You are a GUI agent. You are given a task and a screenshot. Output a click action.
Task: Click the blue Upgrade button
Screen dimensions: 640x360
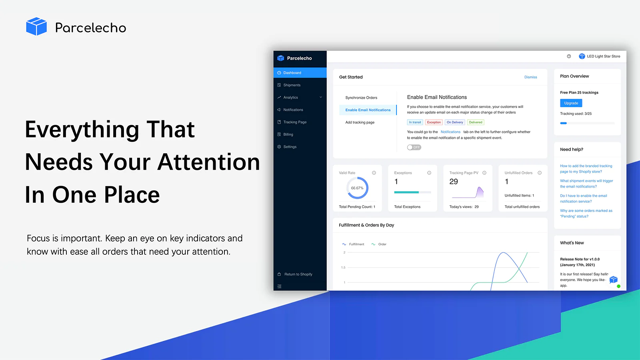pyautogui.click(x=571, y=103)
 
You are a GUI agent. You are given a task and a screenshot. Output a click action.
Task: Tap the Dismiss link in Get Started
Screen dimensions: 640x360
pyautogui.click(x=530, y=77)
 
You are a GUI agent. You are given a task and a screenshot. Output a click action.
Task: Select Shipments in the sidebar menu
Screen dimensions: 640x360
pyautogui.click(x=292, y=85)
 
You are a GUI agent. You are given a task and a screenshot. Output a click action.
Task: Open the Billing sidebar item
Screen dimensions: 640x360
pyautogui.click(x=288, y=134)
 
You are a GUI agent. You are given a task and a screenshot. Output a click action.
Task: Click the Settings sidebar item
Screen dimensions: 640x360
pyautogui.click(x=290, y=146)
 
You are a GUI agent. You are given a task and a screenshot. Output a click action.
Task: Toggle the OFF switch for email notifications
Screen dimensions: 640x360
pyautogui.click(x=414, y=147)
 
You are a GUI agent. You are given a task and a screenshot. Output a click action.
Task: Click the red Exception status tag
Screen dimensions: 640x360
pyautogui.click(x=434, y=122)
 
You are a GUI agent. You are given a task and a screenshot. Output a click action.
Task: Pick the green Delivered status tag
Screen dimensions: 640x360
pyautogui.click(x=476, y=122)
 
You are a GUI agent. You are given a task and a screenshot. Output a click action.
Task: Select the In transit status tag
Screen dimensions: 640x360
pyautogui.click(x=415, y=122)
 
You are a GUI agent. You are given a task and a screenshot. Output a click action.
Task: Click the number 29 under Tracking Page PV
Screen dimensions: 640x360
pyautogui.click(x=454, y=182)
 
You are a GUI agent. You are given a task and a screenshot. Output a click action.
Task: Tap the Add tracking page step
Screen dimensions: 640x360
pyautogui.click(x=360, y=122)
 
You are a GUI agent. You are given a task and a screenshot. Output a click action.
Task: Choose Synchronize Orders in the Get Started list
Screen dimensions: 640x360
pyautogui.click(x=361, y=98)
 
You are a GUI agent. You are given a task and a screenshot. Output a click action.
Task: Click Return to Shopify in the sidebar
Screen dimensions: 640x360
pyautogui.click(x=298, y=274)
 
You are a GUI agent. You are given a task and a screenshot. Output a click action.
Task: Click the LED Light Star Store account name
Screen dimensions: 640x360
pyautogui.click(x=604, y=56)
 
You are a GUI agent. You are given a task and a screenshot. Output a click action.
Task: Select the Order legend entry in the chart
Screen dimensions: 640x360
pyautogui.click(x=379, y=244)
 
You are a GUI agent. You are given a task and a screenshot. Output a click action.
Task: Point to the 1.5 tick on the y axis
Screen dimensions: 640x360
pyautogui.click(x=343, y=268)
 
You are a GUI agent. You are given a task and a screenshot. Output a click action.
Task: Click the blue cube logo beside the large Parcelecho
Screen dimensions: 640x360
pyautogui.click(x=36, y=26)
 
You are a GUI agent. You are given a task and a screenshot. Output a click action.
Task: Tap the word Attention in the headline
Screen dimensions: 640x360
pyautogui.click(x=208, y=162)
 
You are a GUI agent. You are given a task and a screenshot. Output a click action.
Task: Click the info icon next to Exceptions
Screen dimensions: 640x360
pyautogui.click(x=429, y=173)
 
